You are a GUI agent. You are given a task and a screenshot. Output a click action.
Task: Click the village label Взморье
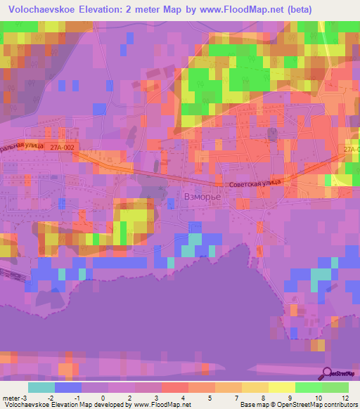[202, 197]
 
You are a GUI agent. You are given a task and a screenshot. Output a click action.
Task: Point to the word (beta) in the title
[298, 9]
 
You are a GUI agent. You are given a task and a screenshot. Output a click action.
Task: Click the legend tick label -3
[27, 398]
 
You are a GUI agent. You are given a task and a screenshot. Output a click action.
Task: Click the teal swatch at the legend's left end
[41, 387]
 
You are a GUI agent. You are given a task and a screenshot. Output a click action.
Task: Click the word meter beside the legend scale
[11, 398]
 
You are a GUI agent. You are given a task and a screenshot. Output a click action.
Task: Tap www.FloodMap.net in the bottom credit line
[161, 405]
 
